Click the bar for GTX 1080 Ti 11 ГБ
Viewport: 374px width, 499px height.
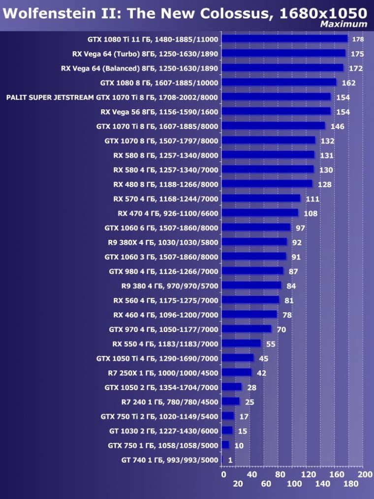click(x=284, y=39)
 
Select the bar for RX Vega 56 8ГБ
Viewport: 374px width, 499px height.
click(x=276, y=111)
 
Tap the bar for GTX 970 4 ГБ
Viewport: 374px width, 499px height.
click(x=247, y=329)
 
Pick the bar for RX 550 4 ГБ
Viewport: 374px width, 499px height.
click(x=241, y=343)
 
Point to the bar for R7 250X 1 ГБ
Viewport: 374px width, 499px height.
click(x=237, y=372)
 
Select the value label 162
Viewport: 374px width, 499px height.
click(x=348, y=83)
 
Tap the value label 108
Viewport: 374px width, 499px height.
click(x=311, y=213)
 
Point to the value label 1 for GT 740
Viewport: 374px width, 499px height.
click(x=230, y=460)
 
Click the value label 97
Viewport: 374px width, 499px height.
click(x=301, y=228)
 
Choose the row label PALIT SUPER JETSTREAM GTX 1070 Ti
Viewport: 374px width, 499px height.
click(x=112, y=98)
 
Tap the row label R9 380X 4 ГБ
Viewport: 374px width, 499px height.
click(x=163, y=242)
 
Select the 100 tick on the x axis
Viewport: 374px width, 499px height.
click(x=294, y=484)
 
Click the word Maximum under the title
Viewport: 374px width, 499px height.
click(x=343, y=24)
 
